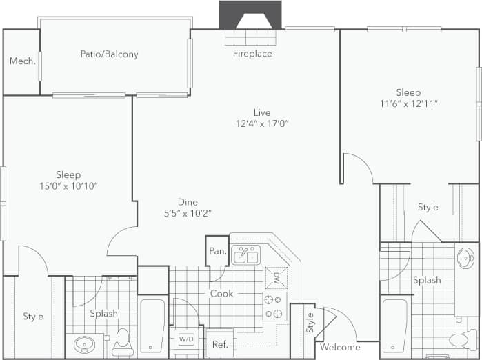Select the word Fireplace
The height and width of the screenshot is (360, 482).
pyautogui.click(x=252, y=53)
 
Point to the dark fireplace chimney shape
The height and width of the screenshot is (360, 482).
pyautogui.click(x=250, y=14)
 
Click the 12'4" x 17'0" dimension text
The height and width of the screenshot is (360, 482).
pyautogui.click(x=261, y=124)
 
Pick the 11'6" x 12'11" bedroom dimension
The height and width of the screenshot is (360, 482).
pyautogui.click(x=408, y=103)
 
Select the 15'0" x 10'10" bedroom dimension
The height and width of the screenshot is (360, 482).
pyautogui.click(x=68, y=186)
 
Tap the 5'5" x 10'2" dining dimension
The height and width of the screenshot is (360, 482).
pyautogui.click(x=188, y=213)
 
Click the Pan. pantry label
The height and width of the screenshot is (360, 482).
pyautogui.click(x=218, y=251)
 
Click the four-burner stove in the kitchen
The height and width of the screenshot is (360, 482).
pyautogui.click(x=274, y=306)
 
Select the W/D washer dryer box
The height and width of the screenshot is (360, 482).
pyautogui.click(x=186, y=339)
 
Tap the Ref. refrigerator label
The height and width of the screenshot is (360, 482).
pyautogui.click(x=220, y=344)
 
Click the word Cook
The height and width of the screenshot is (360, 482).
pyautogui.click(x=221, y=294)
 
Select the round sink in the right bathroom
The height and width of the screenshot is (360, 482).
pyautogui.click(x=465, y=258)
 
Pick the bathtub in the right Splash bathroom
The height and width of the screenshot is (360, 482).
pyautogui.click(x=395, y=323)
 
